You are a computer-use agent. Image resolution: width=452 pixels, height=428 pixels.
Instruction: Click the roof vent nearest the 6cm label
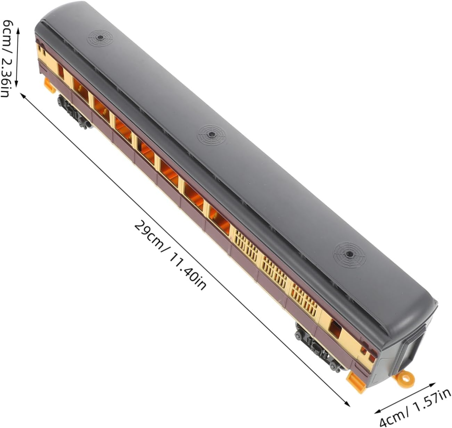click(x=100, y=38)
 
